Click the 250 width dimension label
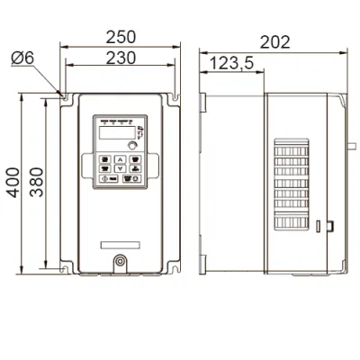tap(121, 37)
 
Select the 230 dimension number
tap(121, 58)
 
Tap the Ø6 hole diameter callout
tap(22, 58)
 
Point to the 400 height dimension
tap(13, 183)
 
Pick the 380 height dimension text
tap(36, 182)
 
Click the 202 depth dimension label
tap(274, 42)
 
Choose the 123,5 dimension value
tap(231, 64)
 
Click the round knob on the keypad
tap(132, 146)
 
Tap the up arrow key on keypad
tap(120, 159)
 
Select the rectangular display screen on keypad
tap(117, 132)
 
